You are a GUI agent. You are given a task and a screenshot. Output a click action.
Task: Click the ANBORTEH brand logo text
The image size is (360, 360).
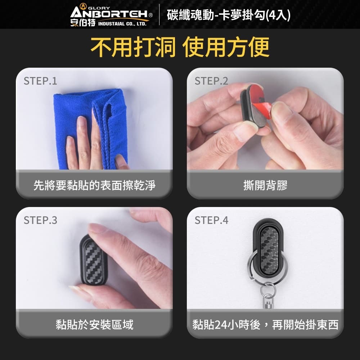click(109, 14)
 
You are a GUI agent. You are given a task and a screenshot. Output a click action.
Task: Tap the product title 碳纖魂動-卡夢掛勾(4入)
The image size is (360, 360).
click(229, 15)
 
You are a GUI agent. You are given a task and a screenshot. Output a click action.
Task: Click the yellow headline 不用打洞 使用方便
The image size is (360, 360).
click(180, 47)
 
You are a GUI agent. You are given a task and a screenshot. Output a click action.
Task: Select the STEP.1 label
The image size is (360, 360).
click(40, 81)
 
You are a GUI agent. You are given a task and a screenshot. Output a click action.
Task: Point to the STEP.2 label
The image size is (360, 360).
click(211, 81)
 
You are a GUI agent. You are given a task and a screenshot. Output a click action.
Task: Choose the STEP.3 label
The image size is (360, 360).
click(40, 220)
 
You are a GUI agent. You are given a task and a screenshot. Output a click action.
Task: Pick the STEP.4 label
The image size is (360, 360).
click(211, 220)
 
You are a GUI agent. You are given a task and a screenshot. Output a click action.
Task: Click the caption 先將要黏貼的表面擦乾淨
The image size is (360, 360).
click(94, 185)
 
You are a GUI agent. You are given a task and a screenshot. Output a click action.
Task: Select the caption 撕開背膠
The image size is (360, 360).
click(265, 185)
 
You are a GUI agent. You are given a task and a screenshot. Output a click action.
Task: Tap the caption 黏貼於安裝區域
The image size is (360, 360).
click(94, 325)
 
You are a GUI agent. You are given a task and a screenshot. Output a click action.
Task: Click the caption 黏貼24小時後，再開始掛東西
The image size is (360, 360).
click(265, 325)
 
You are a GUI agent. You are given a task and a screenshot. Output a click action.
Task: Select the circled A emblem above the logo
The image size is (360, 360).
click(83, 6)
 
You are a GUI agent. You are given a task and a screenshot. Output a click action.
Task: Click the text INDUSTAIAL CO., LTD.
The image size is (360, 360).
click(122, 24)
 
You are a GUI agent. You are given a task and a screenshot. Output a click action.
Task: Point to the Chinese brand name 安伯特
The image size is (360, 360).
click(83, 23)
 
